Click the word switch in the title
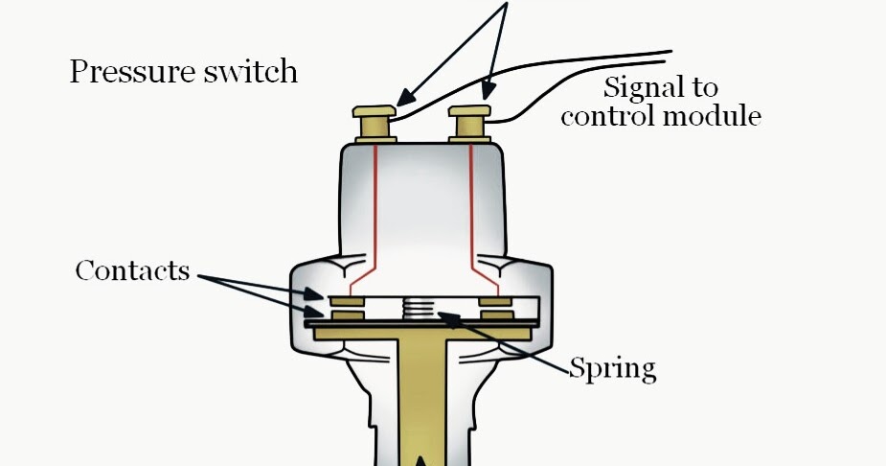point(251,72)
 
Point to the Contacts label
point(132,270)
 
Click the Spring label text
point(613,367)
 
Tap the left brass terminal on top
point(375,123)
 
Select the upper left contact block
point(347,301)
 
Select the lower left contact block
point(347,315)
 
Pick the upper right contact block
point(496,301)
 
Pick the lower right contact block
point(496,315)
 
